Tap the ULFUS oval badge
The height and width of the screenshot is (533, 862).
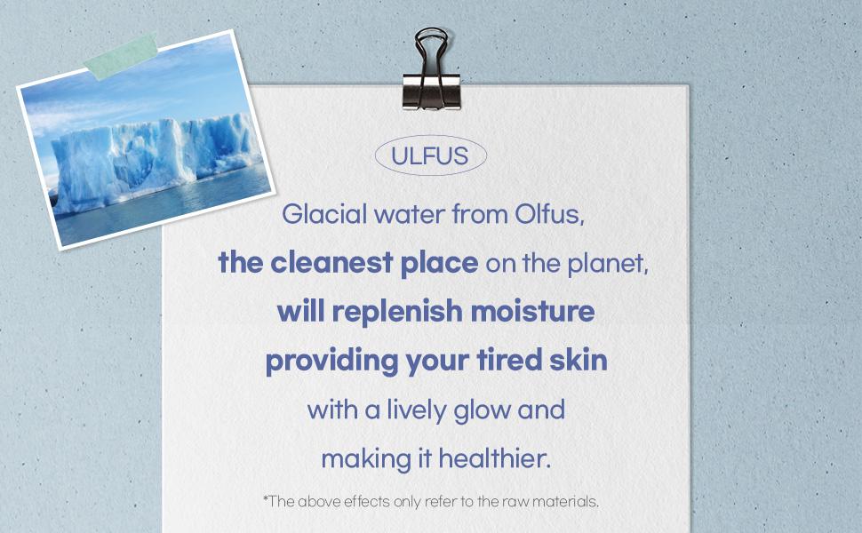431,156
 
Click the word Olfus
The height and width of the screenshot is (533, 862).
547,214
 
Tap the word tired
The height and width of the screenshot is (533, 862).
508,362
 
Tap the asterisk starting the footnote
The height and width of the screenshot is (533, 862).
266,498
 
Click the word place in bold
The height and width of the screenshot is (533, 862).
441,264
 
